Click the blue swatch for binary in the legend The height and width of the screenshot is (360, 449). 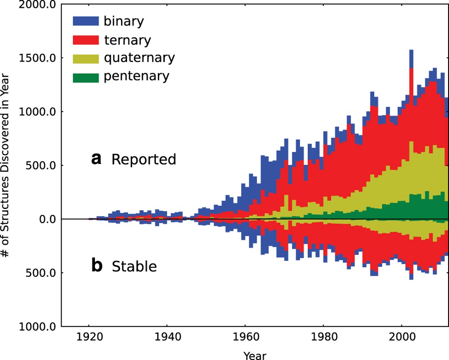86,21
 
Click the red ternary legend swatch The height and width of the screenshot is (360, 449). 86,39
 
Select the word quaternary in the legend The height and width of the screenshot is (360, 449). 139,58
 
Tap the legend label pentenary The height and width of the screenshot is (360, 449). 137,76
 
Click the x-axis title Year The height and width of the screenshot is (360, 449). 255,355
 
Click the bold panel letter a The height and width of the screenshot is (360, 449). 96,159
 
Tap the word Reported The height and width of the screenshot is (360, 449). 144,159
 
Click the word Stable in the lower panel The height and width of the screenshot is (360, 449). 134,267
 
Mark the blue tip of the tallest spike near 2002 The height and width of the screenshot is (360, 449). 411,58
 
